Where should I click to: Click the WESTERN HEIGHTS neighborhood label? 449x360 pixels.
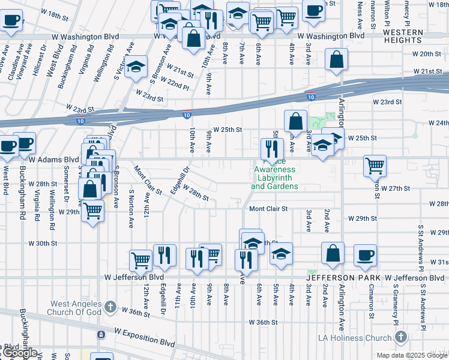402,36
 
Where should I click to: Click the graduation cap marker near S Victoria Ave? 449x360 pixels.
137,67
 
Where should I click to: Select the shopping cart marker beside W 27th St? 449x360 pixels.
375,165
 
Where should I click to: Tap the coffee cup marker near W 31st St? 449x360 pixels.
364,255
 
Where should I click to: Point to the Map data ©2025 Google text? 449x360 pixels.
412,355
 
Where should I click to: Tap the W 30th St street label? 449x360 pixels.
43,244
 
